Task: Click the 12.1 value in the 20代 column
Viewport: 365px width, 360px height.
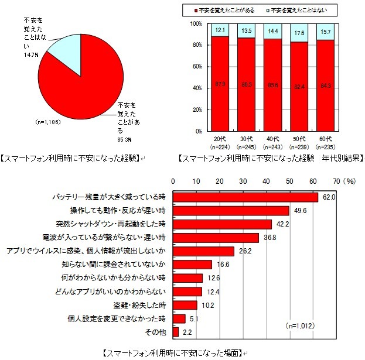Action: point(220,29)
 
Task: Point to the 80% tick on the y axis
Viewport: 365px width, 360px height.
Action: point(197,45)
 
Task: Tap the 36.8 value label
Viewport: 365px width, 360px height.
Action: point(267,238)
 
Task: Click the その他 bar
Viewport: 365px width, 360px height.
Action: point(175,332)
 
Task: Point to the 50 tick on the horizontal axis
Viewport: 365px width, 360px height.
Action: point(289,181)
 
